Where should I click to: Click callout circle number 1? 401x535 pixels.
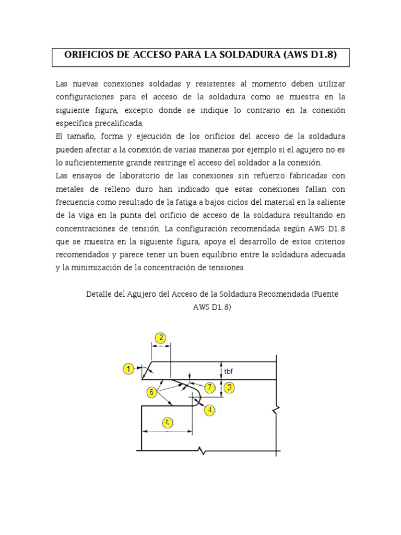[129, 369]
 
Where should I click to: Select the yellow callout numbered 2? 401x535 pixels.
[161, 338]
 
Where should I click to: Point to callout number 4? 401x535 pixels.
[209, 410]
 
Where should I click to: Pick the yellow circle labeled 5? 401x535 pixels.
[167, 423]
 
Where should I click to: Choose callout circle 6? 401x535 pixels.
[151, 391]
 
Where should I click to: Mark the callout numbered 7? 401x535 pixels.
[209, 387]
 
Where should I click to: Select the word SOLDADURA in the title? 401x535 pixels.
[251, 55]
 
